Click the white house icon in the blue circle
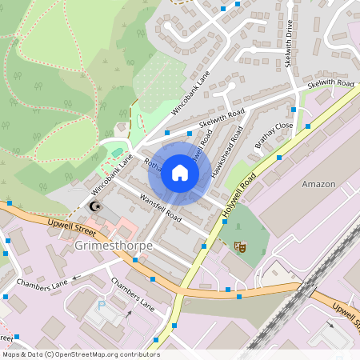coord(180,173)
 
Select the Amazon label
coord(318,184)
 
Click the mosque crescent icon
coord(96,206)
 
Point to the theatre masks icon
coord(238,247)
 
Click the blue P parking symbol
coord(101,305)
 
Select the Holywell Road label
coord(239,192)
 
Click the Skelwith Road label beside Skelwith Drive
coord(330,83)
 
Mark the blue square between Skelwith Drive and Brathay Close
coord(294,110)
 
